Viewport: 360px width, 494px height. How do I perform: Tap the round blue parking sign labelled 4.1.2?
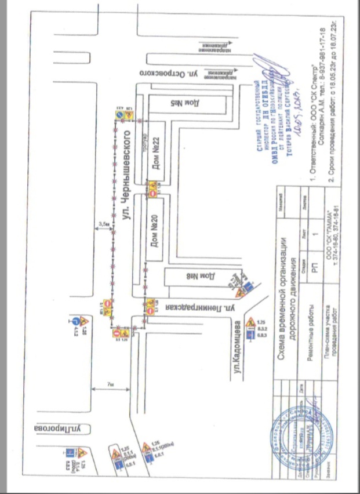(x=76, y=319)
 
